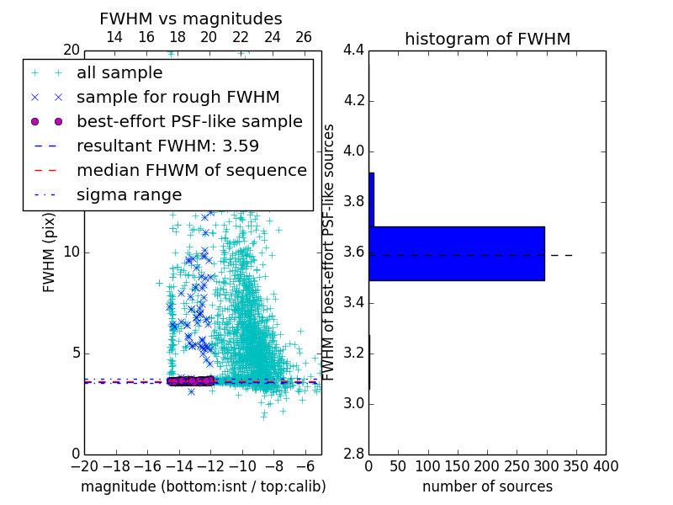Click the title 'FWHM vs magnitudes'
tap(190, 19)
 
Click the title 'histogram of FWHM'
tap(487, 39)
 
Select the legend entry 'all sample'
tap(119, 72)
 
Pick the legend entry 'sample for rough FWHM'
tap(178, 97)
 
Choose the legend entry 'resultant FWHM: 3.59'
tap(167, 146)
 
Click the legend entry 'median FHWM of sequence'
tap(191, 170)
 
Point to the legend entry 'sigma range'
tap(129, 194)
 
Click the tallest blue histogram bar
tap(456, 253)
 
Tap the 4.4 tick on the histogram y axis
tap(353, 50)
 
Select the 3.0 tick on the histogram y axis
tap(353, 403)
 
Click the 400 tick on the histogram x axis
tap(605, 466)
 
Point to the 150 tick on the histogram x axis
tap(458, 466)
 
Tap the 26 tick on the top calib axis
tap(304, 37)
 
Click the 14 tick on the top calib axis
tap(114, 37)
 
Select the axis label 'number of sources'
tap(487, 486)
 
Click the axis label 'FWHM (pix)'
tap(50, 252)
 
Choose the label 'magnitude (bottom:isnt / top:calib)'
tap(203, 486)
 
